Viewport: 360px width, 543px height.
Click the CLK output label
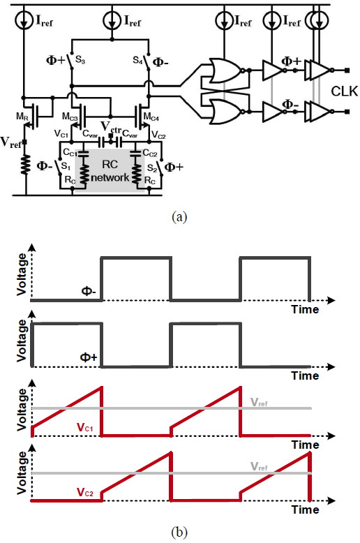[345, 91]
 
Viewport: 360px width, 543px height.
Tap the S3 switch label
[80, 60]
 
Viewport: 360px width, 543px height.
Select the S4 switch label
[137, 60]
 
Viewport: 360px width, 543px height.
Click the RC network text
[110, 171]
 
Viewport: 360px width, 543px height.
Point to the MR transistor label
[22, 117]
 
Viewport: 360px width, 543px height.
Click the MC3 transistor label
[70, 117]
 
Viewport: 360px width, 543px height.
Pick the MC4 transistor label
[151, 117]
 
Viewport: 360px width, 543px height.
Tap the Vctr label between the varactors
[111, 127]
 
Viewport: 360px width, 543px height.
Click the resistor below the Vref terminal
[25, 165]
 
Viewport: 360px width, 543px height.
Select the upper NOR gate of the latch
[225, 70]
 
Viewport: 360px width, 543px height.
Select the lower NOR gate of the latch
[225, 112]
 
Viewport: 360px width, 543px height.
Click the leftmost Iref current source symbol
[24, 20]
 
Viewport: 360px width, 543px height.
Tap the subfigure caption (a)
[179, 217]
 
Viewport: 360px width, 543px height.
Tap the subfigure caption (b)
[179, 532]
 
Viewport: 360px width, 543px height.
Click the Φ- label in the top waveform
[89, 291]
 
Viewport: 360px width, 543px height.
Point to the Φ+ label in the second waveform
[89, 357]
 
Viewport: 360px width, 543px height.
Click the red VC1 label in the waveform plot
[85, 428]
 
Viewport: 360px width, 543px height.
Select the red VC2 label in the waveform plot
[85, 492]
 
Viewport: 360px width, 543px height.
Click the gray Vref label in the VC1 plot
[259, 403]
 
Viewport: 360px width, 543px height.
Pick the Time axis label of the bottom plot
[305, 509]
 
